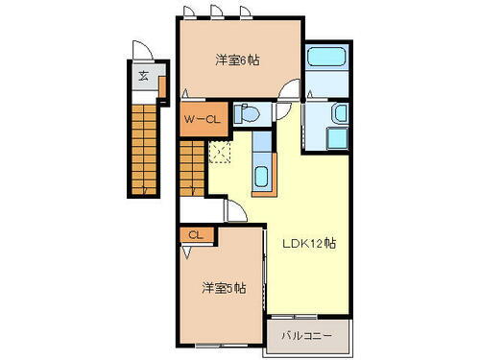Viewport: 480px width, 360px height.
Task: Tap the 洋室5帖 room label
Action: [x=222, y=287]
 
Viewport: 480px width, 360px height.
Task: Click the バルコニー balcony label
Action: [x=305, y=337]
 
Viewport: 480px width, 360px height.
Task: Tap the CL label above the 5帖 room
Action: [x=195, y=234]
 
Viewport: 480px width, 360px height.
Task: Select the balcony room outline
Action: [x=307, y=336]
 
